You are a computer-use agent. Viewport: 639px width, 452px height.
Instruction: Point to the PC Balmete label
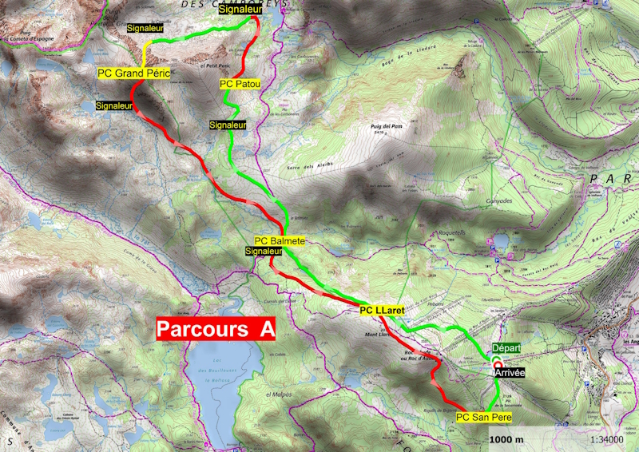(280, 240)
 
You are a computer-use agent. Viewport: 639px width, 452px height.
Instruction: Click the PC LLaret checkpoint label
(382, 310)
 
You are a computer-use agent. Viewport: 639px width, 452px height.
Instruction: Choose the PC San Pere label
(483, 417)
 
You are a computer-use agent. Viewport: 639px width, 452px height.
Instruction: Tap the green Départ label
(506, 350)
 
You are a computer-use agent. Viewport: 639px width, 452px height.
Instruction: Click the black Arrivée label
(510, 372)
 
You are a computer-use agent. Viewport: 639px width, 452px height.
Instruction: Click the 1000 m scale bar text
(506, 439)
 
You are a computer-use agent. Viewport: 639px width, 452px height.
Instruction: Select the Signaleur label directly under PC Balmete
(264, 251)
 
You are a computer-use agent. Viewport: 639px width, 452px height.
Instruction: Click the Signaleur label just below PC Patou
(228, 125)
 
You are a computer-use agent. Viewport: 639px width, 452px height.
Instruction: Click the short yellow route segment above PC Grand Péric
(145, 56)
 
